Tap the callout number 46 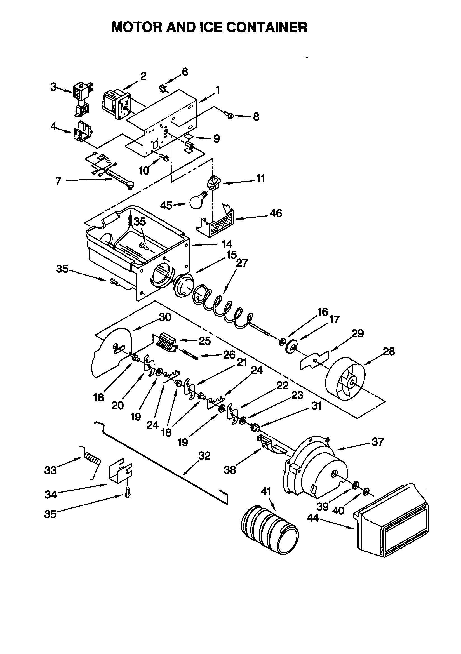pyautogui.click(x=276, y=213)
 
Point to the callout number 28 pyautogui.click(x=389, y=352)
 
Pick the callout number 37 pyautogui.click(x=378, y=442)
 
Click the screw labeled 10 pyautogui.click(x=164, y=157)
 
